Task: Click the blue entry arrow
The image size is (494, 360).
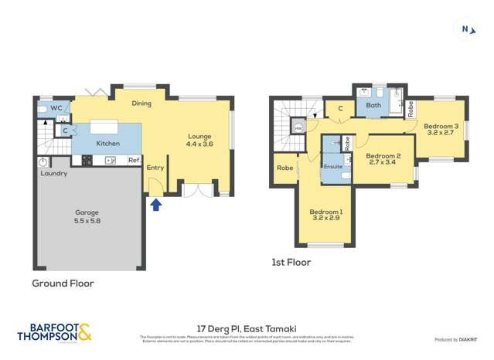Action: (x=156, y=205)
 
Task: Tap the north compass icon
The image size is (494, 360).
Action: (x=465, y=30)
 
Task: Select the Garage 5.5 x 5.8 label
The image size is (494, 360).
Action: (x=87, y=216)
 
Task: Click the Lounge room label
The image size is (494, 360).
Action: (x=199, y=139)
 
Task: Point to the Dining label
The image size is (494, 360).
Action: (x=141, y=104)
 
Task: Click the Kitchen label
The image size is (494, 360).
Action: (x=107, y=144)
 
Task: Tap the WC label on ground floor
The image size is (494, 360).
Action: (x=56, y=108)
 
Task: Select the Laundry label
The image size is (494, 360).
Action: (x=54, y=174)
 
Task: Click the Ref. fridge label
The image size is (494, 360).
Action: (x=134, y=161)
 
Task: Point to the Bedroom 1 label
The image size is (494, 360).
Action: (x=325, y=216)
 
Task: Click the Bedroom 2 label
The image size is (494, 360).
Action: (x=381, y=158)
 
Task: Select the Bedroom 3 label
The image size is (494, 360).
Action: (x=441, y=129)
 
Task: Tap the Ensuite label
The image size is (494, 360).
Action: (x=333, y=166)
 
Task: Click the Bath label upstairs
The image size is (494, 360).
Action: (x=373, y=106)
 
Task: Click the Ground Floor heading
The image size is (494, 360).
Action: (x=63, y=284)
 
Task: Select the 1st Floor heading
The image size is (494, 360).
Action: (x=291, y=263)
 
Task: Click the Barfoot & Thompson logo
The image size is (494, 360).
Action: (x=54, y=332)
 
